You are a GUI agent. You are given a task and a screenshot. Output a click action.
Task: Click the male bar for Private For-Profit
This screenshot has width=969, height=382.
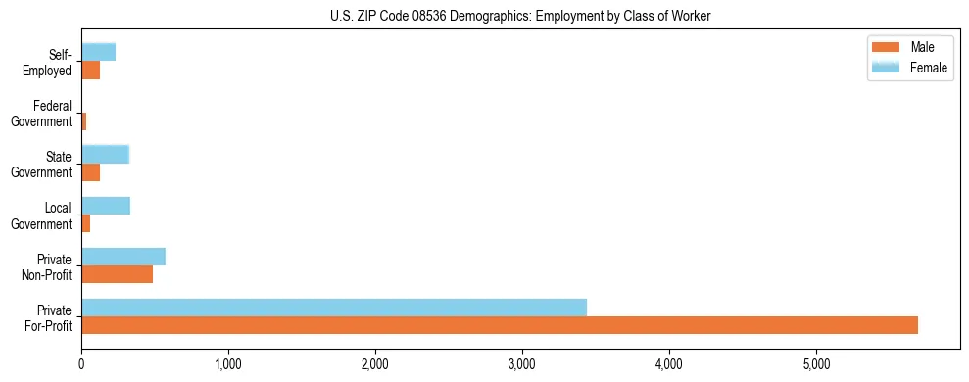(500, 325)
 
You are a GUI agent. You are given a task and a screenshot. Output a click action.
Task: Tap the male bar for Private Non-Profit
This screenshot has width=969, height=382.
(117, 274)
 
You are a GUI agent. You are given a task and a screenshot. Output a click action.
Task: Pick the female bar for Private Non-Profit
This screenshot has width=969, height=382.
(123, 257)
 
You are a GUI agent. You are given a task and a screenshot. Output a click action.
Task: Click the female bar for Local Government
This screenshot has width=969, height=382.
(106, 206)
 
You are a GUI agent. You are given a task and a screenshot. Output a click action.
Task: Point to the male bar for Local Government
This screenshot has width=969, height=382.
(86, 223)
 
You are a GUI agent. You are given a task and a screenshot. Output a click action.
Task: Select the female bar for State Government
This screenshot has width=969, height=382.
(105, 154)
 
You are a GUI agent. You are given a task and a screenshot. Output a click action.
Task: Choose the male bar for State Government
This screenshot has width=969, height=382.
(91, 172)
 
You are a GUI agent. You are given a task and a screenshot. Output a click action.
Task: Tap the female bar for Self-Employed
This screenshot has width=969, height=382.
(98, 52)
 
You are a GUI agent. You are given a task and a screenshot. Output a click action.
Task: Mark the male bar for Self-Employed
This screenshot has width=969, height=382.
(91, 70)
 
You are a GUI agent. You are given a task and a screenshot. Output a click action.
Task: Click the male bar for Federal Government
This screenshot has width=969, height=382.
(84, 121)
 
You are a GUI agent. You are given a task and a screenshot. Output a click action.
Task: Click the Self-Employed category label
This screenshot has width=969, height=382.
(53, 62)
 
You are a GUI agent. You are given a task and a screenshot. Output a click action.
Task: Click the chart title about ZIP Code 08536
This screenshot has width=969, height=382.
(520, 15)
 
